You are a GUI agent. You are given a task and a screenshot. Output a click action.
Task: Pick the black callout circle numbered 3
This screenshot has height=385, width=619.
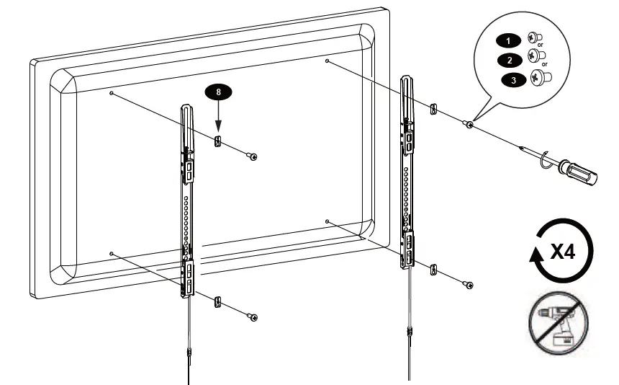(513, 80)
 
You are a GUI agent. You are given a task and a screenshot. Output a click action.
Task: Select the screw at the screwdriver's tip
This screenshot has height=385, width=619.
(469, 125)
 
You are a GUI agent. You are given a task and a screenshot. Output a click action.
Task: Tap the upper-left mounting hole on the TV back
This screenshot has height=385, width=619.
(111, 94)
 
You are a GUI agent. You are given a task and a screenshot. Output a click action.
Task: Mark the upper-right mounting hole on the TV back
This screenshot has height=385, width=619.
(327, 62)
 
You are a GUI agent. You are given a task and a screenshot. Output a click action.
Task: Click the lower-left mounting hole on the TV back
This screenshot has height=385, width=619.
(111, 253)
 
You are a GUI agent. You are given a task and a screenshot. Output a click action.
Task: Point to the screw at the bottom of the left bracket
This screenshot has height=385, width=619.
(253, 317)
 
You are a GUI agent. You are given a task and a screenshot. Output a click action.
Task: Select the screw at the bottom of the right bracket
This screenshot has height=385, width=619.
(469, 286)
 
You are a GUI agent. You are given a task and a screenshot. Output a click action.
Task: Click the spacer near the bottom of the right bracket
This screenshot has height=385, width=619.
(433, 270)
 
